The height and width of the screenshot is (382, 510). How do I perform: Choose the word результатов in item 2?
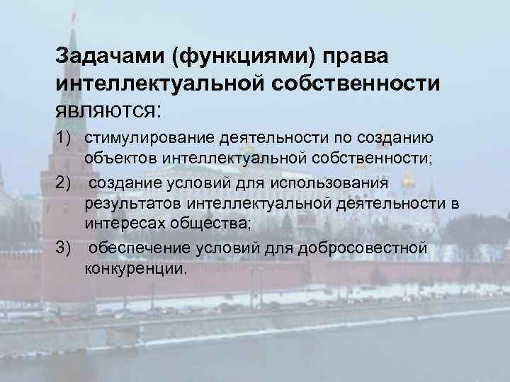(134, 204)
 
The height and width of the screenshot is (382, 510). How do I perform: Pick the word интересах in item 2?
(125, 225)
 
